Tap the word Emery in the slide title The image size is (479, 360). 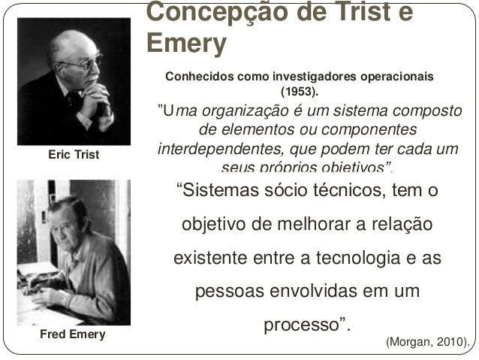(185, 44)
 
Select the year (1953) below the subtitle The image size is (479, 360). (299, 92)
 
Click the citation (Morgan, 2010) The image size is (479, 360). (426, 343)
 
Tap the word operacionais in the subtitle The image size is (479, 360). (396, 77)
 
